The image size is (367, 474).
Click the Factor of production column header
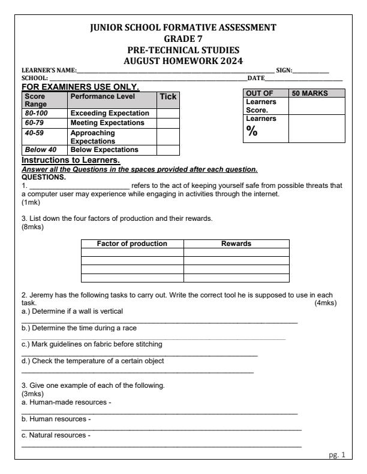coord(132,244)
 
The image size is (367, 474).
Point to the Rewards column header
coord(236,244)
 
